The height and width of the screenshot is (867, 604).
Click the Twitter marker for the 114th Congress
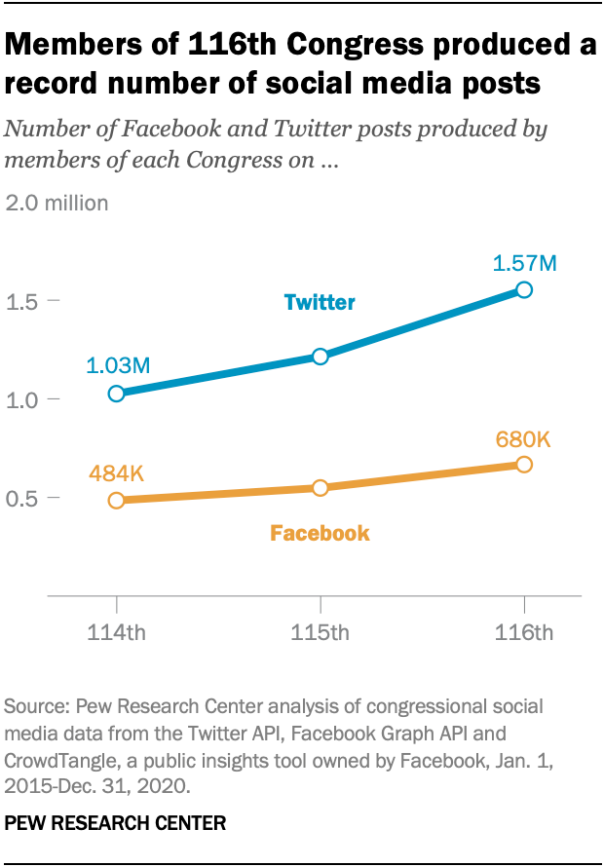click(117, 394)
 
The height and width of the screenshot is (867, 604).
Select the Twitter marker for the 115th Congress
click(320, 357)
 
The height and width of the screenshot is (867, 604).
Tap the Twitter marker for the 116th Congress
click(524, 289)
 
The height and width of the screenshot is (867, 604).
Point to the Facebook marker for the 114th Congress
click(117, 500)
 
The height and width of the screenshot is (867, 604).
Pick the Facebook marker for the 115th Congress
click(320, 487)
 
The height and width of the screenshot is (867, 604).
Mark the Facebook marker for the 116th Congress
click(524, 465)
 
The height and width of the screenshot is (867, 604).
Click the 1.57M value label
click(523, 262)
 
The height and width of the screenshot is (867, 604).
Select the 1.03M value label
click(118, 366)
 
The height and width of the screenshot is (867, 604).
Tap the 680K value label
click(522, 439)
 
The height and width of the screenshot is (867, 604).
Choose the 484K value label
click(116, 473)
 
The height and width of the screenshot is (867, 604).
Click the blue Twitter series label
click(320, 303)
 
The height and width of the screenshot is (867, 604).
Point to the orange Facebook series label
click(320, 534)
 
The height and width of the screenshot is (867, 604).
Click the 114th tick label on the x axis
click(117, 633)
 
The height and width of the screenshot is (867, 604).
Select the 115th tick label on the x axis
click(321, 633)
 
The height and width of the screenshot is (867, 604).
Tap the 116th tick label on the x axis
click(524, 633)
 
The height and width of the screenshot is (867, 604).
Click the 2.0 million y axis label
click(57, 204)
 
